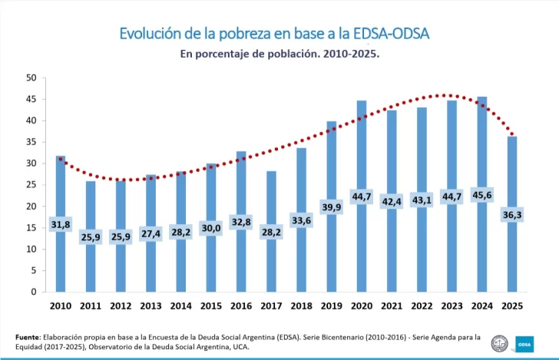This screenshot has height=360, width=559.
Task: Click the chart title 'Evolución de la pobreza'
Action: [x=274, y=34]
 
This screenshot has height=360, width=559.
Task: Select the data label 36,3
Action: [x=512, y=215]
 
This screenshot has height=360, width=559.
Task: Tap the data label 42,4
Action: [x=392, y=202]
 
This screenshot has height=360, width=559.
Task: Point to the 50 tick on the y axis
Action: [x=31, y=78]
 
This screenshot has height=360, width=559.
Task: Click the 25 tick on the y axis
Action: [x=31, y=185]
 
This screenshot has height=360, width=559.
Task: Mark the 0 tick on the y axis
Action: [x=34, y=292]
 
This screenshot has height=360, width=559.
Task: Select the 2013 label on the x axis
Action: [x=150, y=306]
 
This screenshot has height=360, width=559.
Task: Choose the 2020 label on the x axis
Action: [x=361, y=306]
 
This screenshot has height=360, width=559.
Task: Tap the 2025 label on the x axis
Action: [x=511, y=306]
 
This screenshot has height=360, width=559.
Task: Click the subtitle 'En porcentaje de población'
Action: [x=279, y=55]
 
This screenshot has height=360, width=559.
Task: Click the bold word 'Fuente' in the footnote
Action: [x=28, y=337]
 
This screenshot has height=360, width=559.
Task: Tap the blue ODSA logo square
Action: [x=525, y=342]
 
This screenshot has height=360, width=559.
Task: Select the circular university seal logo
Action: [x=500, y=342]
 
